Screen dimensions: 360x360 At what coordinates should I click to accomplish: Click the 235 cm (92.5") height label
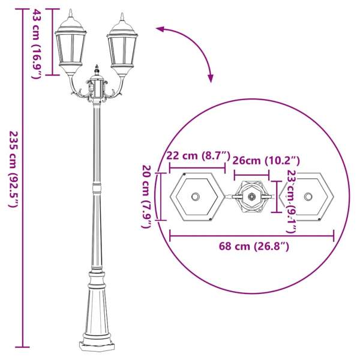click(13, 169)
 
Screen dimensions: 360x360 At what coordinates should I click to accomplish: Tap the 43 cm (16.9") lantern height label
click(36, 44)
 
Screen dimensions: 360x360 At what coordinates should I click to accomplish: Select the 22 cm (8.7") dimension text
click(198, 155)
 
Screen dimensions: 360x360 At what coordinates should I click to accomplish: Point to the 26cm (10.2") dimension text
click(266, 160)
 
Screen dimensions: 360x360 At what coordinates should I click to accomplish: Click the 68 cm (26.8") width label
click(254, 247)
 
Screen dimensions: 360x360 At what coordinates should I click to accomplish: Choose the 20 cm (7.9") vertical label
click(146, 197)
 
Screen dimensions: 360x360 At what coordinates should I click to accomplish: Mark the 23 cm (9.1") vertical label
click(292, 202)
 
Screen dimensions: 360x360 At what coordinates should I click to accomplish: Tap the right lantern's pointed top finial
click(122, 17)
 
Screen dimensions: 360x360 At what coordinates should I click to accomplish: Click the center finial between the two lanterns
click(97, 69)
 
